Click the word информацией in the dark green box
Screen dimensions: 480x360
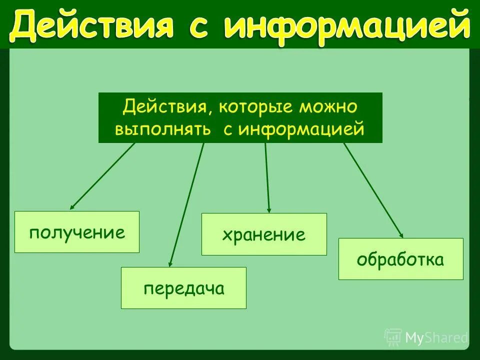click(301, 129)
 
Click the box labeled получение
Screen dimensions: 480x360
click(77, 232)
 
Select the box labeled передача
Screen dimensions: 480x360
click(183, 288)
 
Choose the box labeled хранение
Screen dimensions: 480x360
click(264, 234)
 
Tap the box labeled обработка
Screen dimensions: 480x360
click(400, 259)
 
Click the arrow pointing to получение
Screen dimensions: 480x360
click(102, 176)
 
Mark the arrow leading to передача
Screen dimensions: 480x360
click(186, 205)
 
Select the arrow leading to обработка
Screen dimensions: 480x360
click(373, 190)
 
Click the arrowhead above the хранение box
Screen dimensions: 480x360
click(269, 209)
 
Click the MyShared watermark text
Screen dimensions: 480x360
click(436, 338)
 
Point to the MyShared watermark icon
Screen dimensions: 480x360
click(393, 337)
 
